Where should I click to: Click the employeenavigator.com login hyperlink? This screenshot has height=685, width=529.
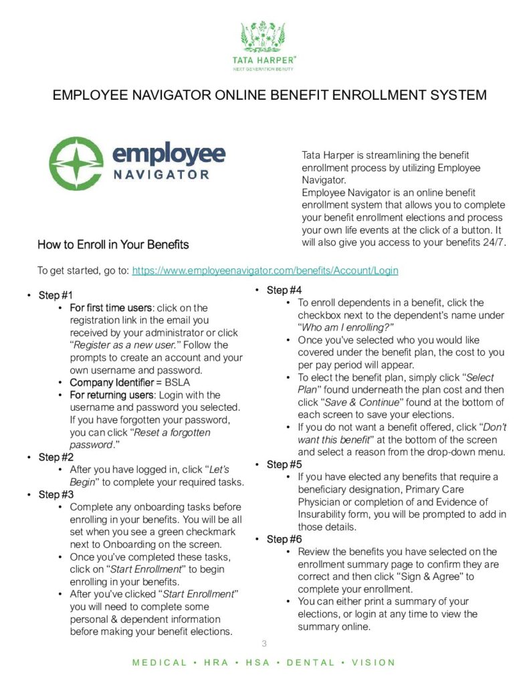point(265,270)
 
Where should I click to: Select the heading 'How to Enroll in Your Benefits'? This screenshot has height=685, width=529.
point(113,244)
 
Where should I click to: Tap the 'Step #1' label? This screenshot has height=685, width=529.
point(56,296)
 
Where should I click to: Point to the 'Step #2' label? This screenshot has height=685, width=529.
point(56,458)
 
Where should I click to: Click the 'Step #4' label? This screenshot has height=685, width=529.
point(284,290)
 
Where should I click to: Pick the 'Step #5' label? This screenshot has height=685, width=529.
point(284,464)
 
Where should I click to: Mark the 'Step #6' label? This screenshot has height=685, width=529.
point(284,539)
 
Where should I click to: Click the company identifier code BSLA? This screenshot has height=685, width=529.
point(177,383)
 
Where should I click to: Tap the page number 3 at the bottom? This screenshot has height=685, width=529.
point(264,644)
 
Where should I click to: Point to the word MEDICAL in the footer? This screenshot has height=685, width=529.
point(160,663)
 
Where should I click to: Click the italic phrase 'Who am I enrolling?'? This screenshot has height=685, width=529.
point(348,327)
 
